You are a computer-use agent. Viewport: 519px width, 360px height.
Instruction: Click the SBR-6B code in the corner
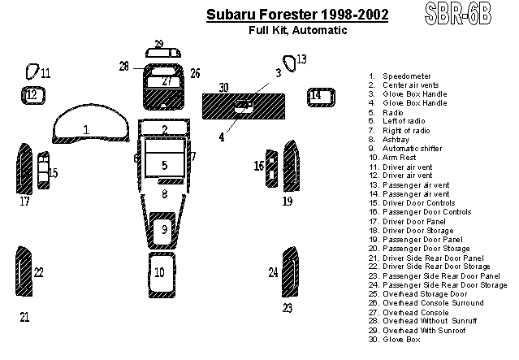[458, 13]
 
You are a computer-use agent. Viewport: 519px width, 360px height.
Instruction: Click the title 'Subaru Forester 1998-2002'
[297, 15]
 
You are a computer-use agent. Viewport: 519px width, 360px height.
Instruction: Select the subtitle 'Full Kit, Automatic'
[298, 30]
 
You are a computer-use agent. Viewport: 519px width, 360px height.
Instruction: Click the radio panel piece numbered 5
[165, 158]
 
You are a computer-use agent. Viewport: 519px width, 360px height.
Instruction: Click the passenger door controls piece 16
[272, 168]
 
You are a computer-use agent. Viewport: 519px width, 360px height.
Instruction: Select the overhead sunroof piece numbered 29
[163, 53]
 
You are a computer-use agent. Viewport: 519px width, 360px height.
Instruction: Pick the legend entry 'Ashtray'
[396, 140]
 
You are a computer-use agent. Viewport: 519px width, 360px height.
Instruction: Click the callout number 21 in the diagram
[24, 317]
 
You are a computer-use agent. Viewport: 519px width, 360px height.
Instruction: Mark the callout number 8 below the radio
[165, 194]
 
